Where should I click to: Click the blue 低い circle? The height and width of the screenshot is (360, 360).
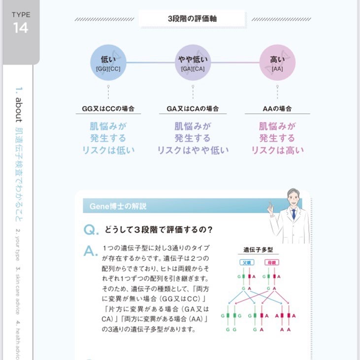point(108,63)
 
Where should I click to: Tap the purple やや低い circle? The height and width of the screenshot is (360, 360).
point(193,63)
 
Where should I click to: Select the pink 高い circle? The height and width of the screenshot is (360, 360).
point(277,63)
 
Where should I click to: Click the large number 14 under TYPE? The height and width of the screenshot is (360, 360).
point(21,28)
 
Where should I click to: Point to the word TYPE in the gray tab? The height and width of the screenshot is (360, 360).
point(21,15)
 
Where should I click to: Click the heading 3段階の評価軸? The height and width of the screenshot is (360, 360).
point(192,19)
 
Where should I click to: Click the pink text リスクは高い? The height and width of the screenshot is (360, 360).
point(277,150)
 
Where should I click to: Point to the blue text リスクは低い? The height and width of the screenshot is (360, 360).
point(108,150)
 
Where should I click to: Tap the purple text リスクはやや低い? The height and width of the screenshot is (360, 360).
point(193,150)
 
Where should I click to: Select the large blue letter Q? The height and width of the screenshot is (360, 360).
point(89,229)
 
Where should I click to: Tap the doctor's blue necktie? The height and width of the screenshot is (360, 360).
point(294,214)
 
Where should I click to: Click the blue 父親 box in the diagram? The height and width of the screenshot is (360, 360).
point(246,262)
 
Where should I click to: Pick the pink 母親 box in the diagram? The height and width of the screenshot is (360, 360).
point(272,262)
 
